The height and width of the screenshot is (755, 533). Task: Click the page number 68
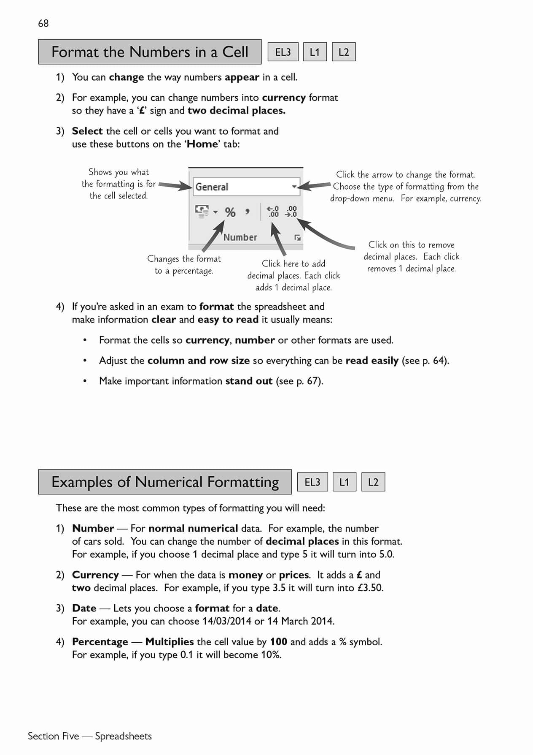click(x=43, y=23)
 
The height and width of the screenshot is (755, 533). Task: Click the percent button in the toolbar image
click(x=230, y=212)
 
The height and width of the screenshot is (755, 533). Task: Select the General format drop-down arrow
click(x=294, y=187)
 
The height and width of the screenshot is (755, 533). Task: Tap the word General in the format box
click(x=212, y=187)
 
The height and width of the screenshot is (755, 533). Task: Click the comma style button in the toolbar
click(x=248, y=211)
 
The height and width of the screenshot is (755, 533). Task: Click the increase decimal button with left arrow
click(x=273, y=211)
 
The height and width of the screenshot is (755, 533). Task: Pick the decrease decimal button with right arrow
click(x=291, y=211)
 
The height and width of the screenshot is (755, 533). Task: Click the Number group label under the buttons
click(x=240, y=237)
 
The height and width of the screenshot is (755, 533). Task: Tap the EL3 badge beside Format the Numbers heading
click(x=283, y=52)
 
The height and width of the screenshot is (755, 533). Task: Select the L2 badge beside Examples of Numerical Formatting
click(x=373, y=482)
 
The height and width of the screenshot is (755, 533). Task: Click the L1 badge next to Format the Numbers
click(x=315, y=52)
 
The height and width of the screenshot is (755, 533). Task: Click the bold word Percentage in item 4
click(x=100, y=642)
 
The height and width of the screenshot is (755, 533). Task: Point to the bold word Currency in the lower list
click(x=95, y=575)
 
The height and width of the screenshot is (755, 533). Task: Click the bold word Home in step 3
click(x=202, y=144)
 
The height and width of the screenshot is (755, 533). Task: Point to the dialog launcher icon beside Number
click(x=297, y=238)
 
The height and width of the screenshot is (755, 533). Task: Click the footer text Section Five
click(x=53, y=736)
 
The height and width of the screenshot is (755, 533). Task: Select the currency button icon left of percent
click(x=202, y=211)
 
